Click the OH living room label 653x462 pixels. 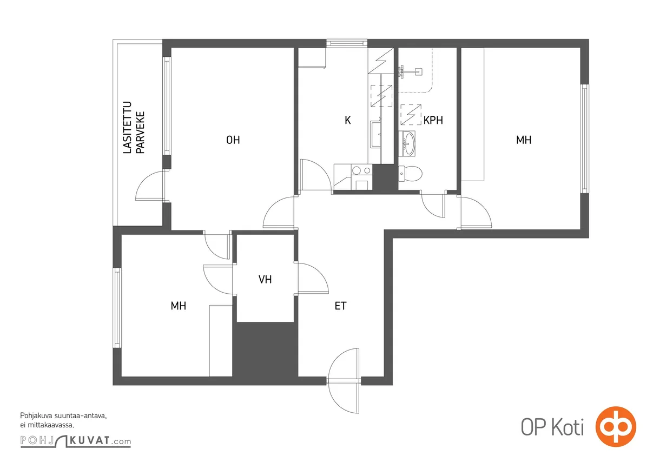pyautogui.click(x=233, y=140)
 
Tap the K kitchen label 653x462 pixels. pyautogui.click(x=347, y=120)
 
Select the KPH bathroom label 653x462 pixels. pyautogui.click(x=433, y=120)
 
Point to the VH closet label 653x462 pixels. pyautogui.click(x=265, y=280)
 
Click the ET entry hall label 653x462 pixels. pyautogui.click(x=340, y=306)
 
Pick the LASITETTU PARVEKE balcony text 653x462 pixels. pyautogui.click(x=134, y=127)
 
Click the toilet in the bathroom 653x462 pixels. pyautogui.click(x=410, y=174)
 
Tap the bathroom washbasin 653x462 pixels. pyautogui.click(x=407, y=143)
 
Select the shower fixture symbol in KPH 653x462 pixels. pyautogui.click(x=410, y=71)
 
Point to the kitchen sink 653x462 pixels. pyautogui.click(x=376, y=134)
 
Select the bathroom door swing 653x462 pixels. pyautogui.click(x=433, y=205)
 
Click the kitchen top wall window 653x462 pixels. pyautogui.click(x=347, y=43)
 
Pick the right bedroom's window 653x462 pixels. pyautogui.click(x=584, y=138)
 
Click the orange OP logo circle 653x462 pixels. pyautogui.click(x=616, y=426)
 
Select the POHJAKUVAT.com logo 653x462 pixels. pyautogui.click(x=76, y=440)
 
